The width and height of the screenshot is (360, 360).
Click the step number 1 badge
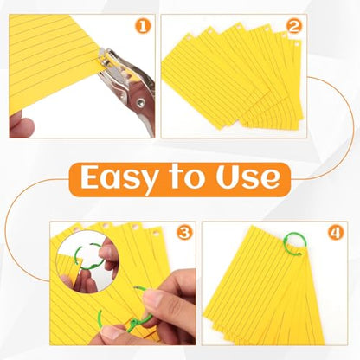(x=144, y=26)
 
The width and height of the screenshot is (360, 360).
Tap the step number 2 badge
(x=294, y=26)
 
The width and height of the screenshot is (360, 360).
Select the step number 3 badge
(x=185, y=233)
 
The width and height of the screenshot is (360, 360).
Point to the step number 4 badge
(x=336, y=233)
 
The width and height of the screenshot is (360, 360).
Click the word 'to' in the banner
(x=188, y=177)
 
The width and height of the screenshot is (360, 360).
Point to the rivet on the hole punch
(x=141, y=101)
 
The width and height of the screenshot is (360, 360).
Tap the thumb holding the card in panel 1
(x=21, y=125)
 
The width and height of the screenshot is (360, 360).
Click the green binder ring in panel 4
(x=295, y=244)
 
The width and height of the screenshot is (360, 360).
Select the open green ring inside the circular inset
(x=87, y=257)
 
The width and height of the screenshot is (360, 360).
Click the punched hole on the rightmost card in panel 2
(x=296, y=44)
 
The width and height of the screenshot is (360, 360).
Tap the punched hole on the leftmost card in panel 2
(x=189, y=38)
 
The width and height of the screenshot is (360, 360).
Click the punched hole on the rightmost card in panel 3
(x=157, y=235)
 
